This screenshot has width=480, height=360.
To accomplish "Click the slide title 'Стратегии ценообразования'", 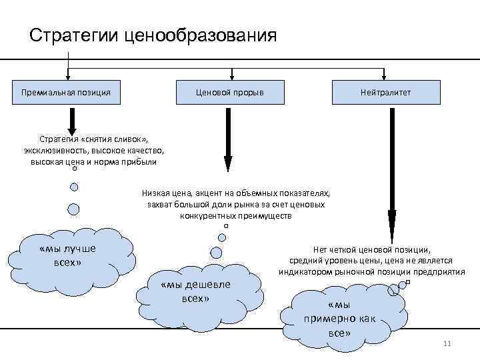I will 153,35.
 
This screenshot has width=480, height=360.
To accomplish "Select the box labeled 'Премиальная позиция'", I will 66,92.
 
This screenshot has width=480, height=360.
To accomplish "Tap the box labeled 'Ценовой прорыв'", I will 229,92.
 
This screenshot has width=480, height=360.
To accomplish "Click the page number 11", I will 447,343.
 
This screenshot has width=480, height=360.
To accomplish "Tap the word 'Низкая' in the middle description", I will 155,193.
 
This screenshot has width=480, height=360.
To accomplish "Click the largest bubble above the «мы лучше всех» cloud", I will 73,209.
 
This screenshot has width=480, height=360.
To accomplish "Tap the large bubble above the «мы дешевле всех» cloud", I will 216,252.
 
